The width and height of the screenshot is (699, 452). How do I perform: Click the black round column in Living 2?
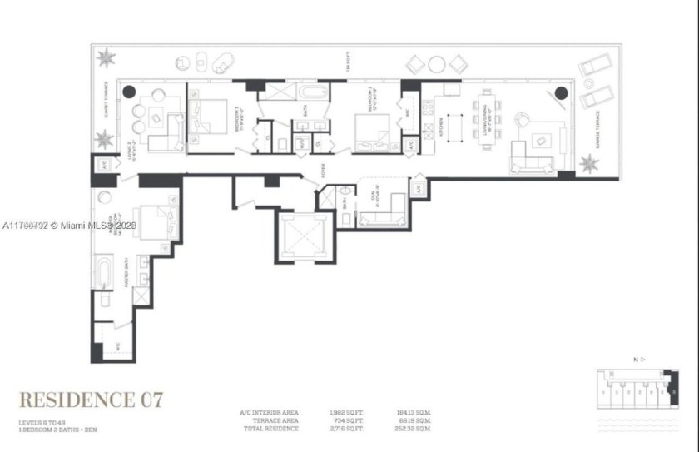(130, 91)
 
